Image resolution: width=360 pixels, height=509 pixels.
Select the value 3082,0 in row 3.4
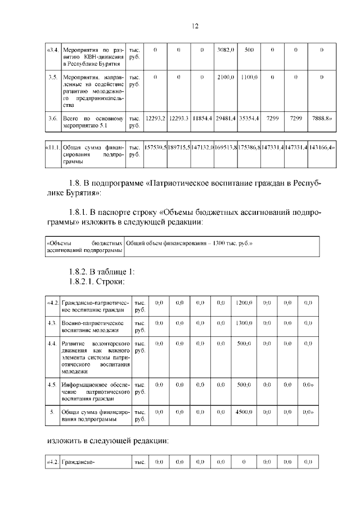coord(226,51)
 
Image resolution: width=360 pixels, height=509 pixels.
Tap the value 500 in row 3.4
coord(249,51)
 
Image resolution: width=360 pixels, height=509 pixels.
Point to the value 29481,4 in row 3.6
coord(226,119)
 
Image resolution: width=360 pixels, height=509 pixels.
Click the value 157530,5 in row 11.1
coord(155,147)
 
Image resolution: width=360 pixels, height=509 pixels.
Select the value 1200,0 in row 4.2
coord(244,303)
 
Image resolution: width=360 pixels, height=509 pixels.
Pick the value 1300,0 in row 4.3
coord(244,323)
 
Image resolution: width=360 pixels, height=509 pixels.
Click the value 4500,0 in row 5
coord(244,412)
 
